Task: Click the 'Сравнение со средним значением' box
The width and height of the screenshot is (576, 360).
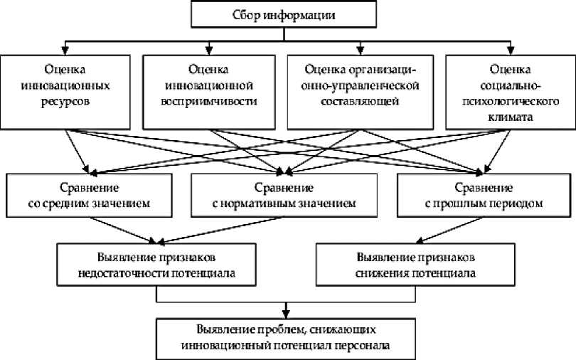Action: click(90, 195)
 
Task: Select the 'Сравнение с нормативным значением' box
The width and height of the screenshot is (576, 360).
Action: click(284, 195)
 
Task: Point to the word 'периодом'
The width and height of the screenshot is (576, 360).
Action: click(520, 203)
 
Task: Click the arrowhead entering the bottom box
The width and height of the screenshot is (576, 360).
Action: click(286, 313)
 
